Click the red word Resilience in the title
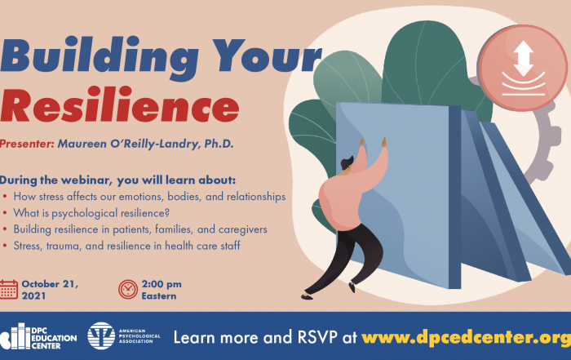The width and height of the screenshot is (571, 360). point(119,104)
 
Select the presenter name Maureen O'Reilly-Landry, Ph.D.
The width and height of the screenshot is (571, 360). point(146,144)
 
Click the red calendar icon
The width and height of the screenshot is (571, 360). point(9,290)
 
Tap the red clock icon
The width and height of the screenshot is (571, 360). point(128,290)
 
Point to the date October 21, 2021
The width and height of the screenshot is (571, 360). point(50,290)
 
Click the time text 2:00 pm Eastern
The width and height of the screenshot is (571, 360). point(162,290)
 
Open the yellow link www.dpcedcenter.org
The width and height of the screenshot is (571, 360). point(466,338)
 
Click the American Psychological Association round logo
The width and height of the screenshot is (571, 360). point(101,336)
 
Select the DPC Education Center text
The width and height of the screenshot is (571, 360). point(54,338)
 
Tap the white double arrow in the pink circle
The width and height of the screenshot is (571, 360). point(524,58)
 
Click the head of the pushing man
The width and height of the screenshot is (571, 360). point(347,163)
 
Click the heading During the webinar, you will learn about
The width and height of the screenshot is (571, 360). point(117,180)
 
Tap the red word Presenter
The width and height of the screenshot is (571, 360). point(27,144)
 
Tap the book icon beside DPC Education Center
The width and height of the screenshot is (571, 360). point(15,336)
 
